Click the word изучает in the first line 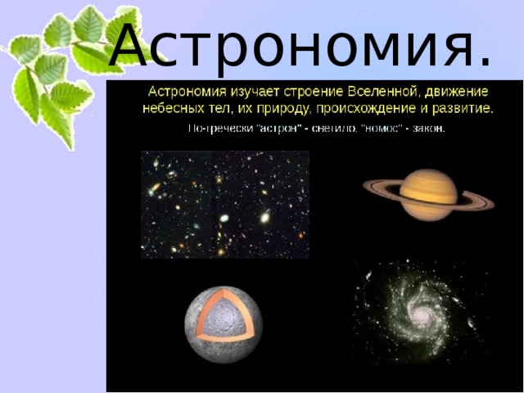pyautogui.click(x=233, y=92)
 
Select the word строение pyautogui.click(x=287, y=92)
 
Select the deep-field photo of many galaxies pyautogui.click(x=224, y=205)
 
